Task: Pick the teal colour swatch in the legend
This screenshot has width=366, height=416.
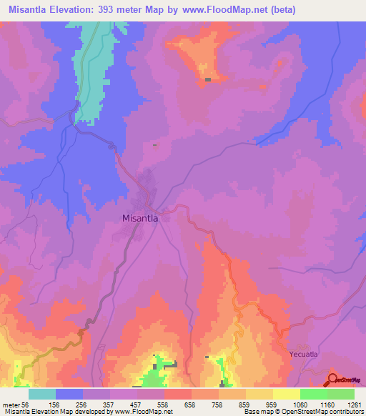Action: pyautogui.click(x=42, y=393)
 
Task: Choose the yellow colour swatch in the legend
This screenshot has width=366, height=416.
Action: pyautogui.click(x=286, y=393)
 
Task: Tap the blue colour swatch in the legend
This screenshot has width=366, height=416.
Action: pyautogui.click(x=69, y=393)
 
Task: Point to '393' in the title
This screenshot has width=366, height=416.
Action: pyautogui.click(x=125, y=10)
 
